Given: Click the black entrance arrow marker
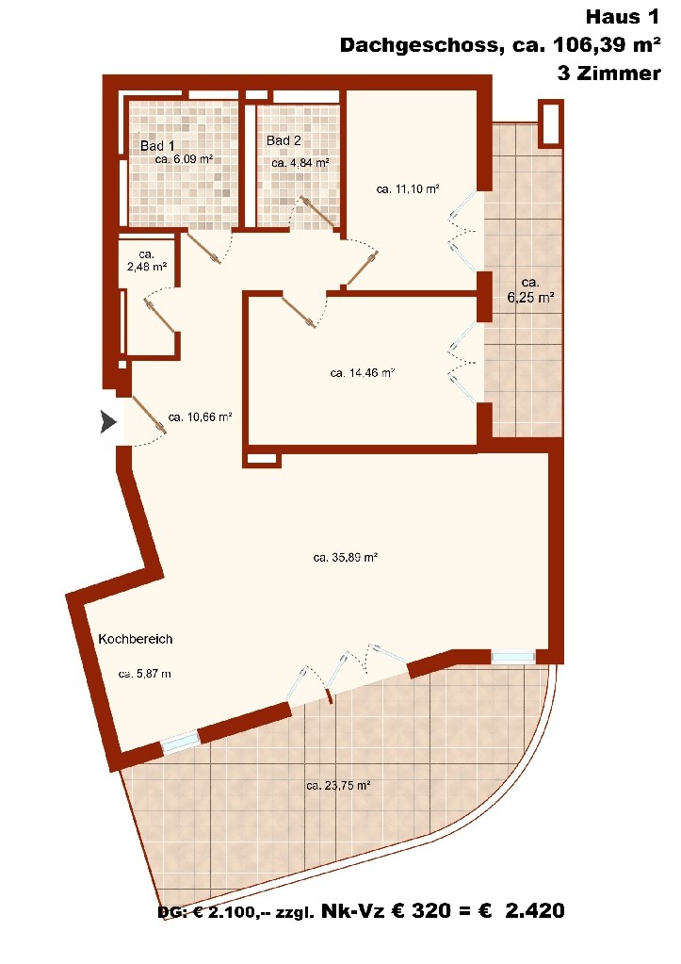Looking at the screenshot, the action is (108, 422).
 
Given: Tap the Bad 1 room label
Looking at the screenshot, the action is (157, 146).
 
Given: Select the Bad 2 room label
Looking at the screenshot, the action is (284, 140).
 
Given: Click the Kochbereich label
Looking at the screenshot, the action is (136, 639).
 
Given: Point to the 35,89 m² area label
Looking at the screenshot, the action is (345, 558).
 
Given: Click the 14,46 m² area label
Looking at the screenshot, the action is (362, 372).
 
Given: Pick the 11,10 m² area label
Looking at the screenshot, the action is (408, 189).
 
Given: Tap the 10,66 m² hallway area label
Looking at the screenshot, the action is (200, 417).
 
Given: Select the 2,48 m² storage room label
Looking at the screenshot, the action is (146, 261).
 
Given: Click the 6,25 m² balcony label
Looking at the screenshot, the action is (530, 290).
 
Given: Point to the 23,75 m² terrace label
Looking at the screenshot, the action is (337, 785).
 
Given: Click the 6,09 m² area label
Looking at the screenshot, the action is (184, 159).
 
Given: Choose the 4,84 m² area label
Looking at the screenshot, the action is (300, 163).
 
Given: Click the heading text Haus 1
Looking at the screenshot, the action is (622, 17).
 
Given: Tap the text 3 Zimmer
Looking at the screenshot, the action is (608, 74).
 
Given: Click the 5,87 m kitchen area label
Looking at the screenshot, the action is (144, 674).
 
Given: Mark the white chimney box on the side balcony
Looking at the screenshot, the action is (550, 123).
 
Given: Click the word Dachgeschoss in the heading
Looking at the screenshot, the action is (418, 45).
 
